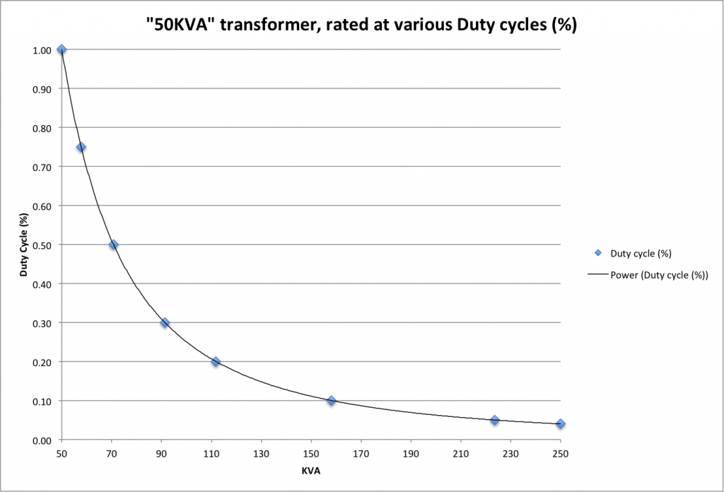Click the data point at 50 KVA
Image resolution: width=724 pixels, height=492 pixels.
tap(62, 49)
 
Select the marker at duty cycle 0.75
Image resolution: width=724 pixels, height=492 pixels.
tap(81, 147)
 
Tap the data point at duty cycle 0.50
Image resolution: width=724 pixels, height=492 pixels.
tap(113, 245)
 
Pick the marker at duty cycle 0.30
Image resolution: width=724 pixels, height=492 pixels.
tap(165, 322)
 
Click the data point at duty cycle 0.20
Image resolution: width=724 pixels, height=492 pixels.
tap(216, 361)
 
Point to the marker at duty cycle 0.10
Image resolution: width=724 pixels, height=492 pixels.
tap(331, 401)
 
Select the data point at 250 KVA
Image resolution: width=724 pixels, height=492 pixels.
tap(560, 424)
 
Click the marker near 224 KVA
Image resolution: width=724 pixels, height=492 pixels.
tap(495, 420)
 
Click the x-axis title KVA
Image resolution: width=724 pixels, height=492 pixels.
tap(310, 469)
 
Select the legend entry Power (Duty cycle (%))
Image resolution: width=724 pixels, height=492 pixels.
tap(659, 276)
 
